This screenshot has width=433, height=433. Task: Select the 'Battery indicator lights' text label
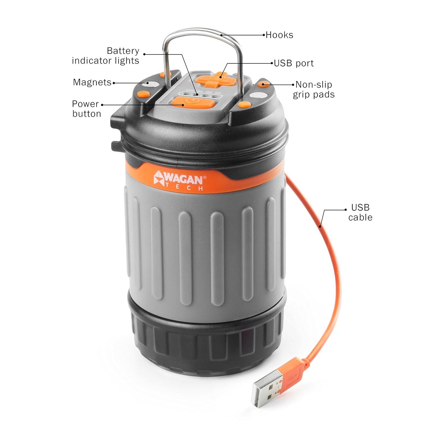[106, 56]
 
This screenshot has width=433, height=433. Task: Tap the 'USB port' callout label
[294, 63]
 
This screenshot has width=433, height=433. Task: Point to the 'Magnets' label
[92, 82]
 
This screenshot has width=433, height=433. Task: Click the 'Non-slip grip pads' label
[314, 89]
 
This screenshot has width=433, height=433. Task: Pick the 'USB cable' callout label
[360, 212]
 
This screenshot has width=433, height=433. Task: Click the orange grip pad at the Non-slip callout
[263, 84]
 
